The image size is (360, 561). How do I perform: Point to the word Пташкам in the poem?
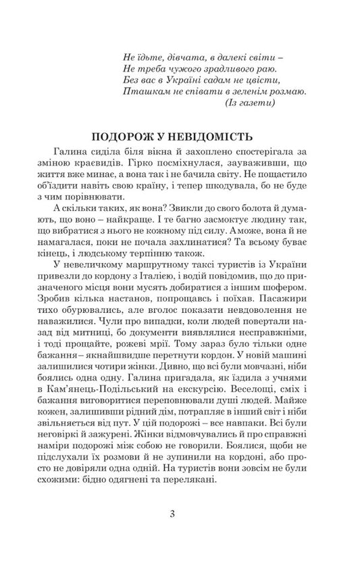pyautogui.click(x=145, y=90)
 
